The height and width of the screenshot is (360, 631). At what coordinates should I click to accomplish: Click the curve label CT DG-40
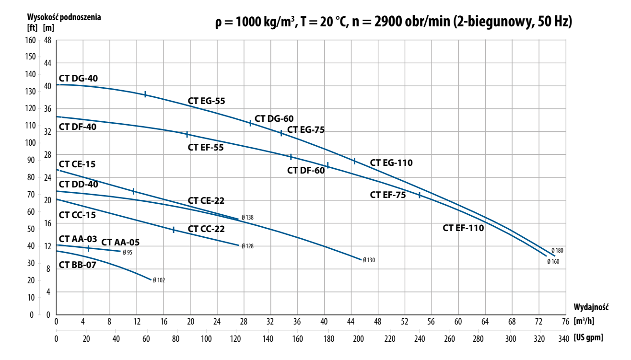point(78,78)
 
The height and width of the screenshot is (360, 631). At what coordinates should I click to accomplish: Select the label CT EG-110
point(391,163)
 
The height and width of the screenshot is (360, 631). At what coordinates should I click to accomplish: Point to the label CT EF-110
point(463,228)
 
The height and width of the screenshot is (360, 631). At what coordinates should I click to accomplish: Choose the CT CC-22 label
point(206,229)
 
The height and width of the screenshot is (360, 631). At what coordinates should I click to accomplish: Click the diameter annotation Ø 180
point(557,250)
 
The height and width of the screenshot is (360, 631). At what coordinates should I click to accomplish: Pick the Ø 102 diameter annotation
point(159,280)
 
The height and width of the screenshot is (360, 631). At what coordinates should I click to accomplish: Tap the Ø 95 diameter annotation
point(127,252)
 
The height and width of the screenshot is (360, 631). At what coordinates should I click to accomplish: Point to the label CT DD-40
point(78,184)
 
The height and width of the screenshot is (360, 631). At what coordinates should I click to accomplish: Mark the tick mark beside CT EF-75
point(420,195)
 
